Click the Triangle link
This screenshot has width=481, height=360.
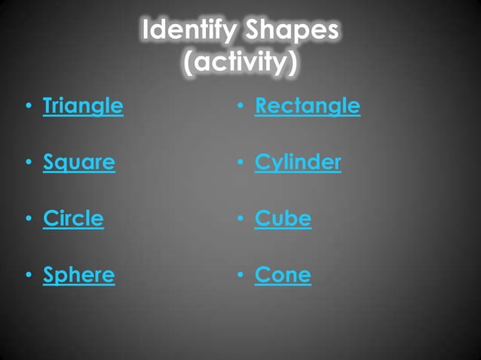point(83,106)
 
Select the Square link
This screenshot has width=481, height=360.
point(79,162)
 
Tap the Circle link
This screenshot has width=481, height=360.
point(73,218)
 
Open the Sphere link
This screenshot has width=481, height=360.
point(79,275)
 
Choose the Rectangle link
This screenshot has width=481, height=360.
point(308,106)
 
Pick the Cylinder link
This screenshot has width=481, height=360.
point(298,162)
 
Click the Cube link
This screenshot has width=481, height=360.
point(283,218)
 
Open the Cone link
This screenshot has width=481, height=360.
point(283,275)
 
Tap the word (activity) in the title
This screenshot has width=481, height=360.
point(240,63)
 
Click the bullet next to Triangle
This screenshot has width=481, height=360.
point(28,107)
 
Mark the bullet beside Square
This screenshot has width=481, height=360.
point(28,163)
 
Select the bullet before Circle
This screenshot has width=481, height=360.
point(28,219)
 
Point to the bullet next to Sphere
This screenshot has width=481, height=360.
point(28,276)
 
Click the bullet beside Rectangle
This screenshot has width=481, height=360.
point(240,107)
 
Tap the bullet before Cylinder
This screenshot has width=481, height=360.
point(240,163)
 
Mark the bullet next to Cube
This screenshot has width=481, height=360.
point(240,219)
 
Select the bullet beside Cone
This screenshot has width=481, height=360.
point(240,276)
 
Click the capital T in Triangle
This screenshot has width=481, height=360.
point(49,105)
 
